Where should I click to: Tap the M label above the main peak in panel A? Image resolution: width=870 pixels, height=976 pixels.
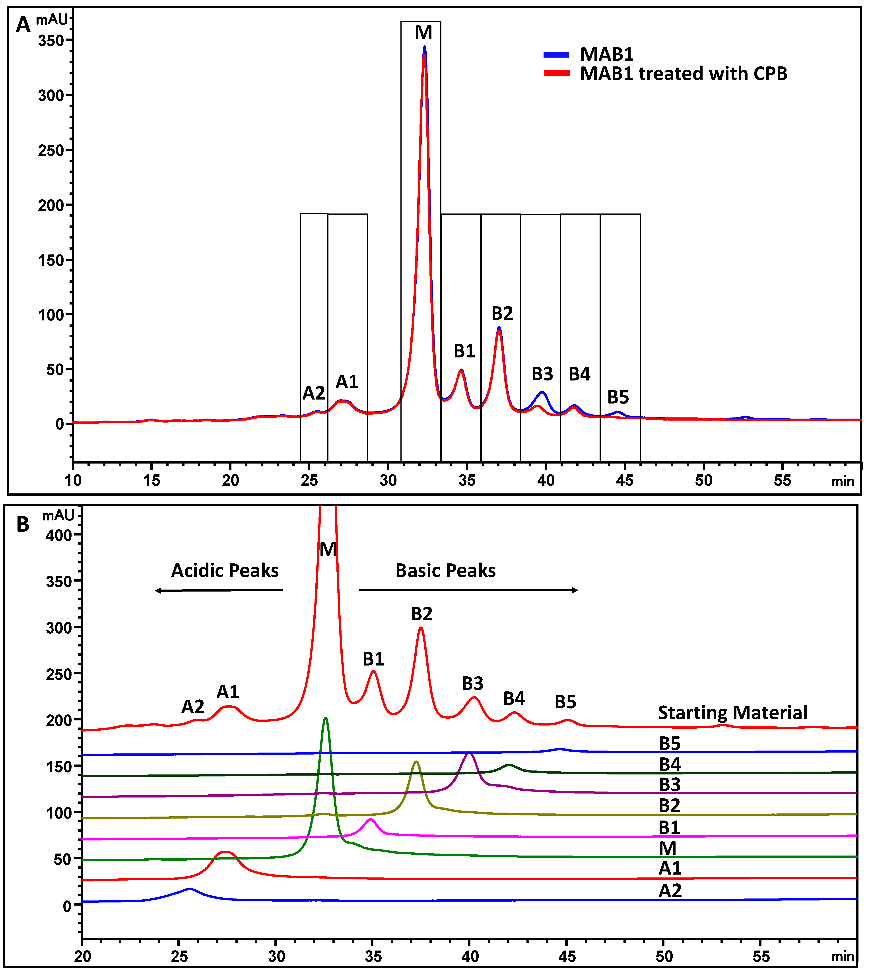tap(423, 33)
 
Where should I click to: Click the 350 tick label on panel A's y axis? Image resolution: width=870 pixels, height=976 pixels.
tap(51, 41)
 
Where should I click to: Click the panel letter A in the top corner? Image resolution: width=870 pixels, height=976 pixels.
tap(23, 24)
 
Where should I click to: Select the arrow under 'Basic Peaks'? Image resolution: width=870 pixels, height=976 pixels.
tap(468, 590)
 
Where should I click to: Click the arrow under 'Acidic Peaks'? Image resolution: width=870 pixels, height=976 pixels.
tap(219, 591)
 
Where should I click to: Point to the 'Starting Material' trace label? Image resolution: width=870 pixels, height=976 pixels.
tap(732, 713)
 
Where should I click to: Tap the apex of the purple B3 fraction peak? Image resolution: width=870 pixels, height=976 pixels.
tap(469, 753)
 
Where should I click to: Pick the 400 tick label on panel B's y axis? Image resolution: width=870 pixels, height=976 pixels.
tap(59, 535)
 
